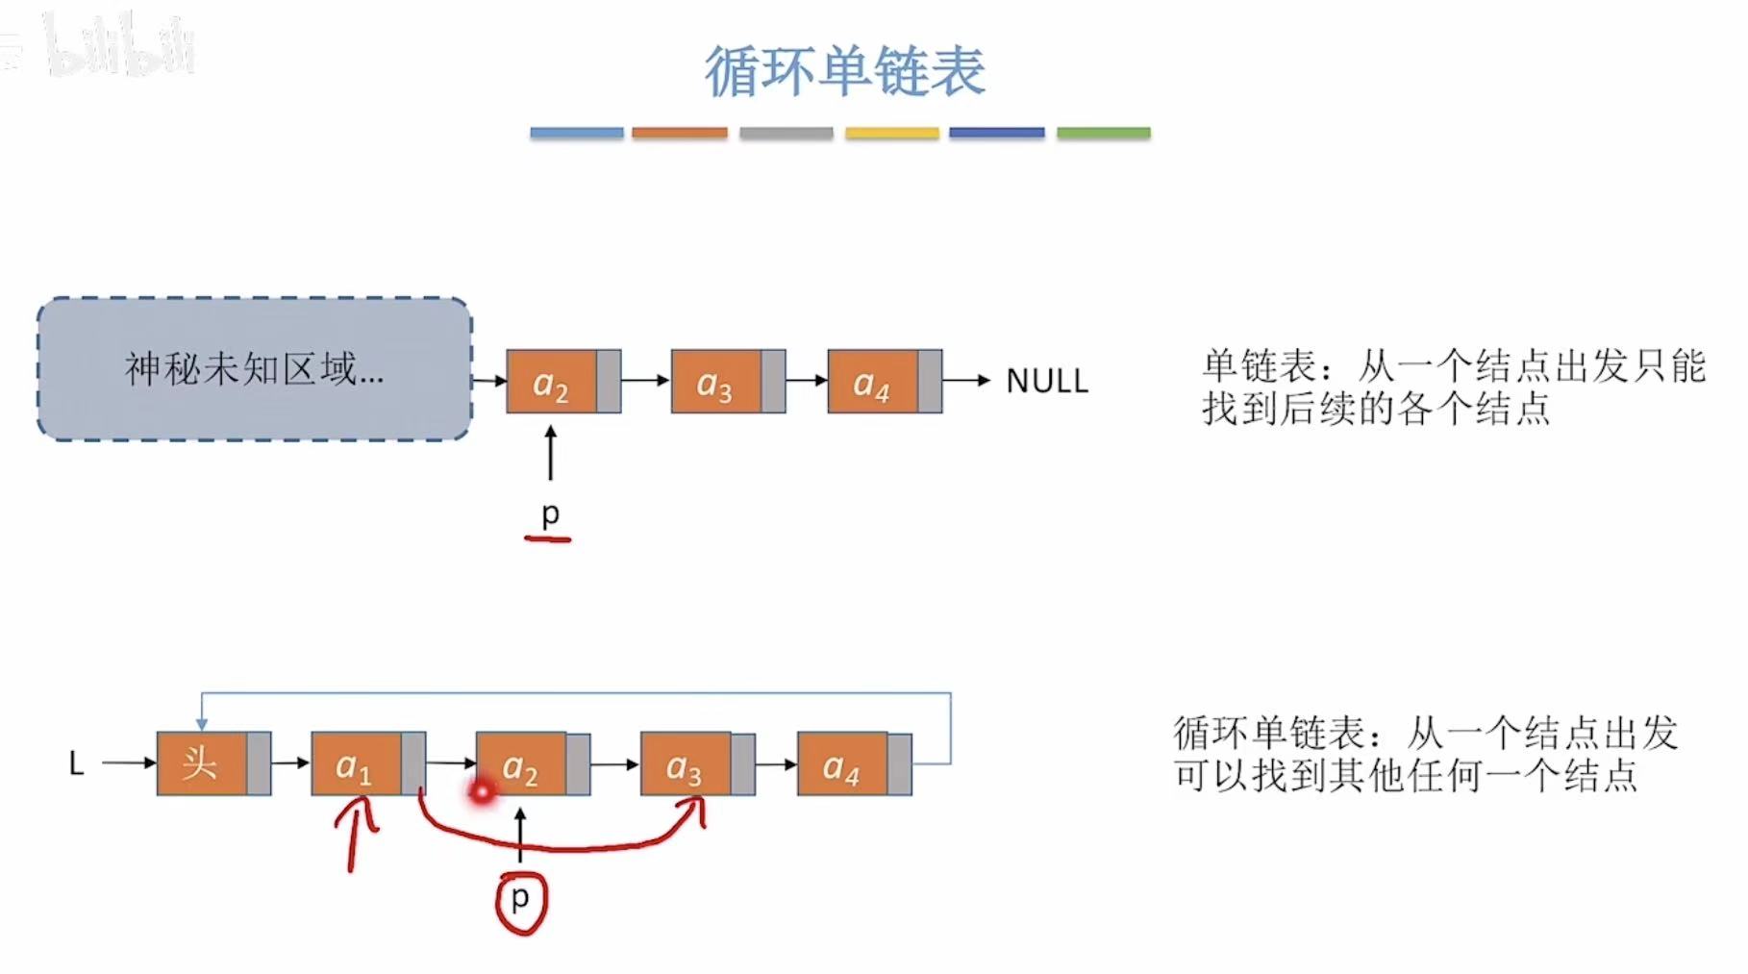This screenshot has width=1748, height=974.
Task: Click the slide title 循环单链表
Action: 844,71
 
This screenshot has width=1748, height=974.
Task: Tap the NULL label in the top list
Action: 1046,382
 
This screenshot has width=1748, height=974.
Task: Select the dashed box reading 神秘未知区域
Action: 254,369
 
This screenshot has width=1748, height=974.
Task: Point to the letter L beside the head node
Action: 77,764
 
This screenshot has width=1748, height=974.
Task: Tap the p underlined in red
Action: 550,513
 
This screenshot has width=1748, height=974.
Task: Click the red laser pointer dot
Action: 482,792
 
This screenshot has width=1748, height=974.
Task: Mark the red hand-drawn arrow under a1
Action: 356,835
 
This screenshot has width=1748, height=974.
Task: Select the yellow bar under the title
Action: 891,133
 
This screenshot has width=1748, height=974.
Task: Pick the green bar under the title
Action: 1103,133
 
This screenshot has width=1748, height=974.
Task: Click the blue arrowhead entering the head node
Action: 202,723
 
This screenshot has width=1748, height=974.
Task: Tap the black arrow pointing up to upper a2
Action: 550,453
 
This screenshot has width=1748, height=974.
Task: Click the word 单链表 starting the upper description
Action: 1259,366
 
